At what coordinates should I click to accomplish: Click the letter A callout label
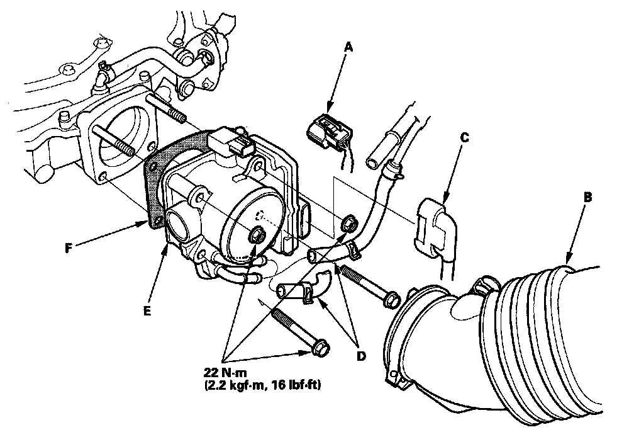[348, 48]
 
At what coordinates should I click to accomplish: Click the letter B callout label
[588, 198]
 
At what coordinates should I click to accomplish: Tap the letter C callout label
[465, 137]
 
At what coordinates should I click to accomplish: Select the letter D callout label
[360, 356]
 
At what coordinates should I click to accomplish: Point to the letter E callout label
[147, 311]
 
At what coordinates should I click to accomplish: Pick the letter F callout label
[69, 247]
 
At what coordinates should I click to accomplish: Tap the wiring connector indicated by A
[330, 132]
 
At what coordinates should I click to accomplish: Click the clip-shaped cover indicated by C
[435, 227]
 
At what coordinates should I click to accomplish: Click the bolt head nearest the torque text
[320, 348]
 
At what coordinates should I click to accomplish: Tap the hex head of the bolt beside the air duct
[391, 300]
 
